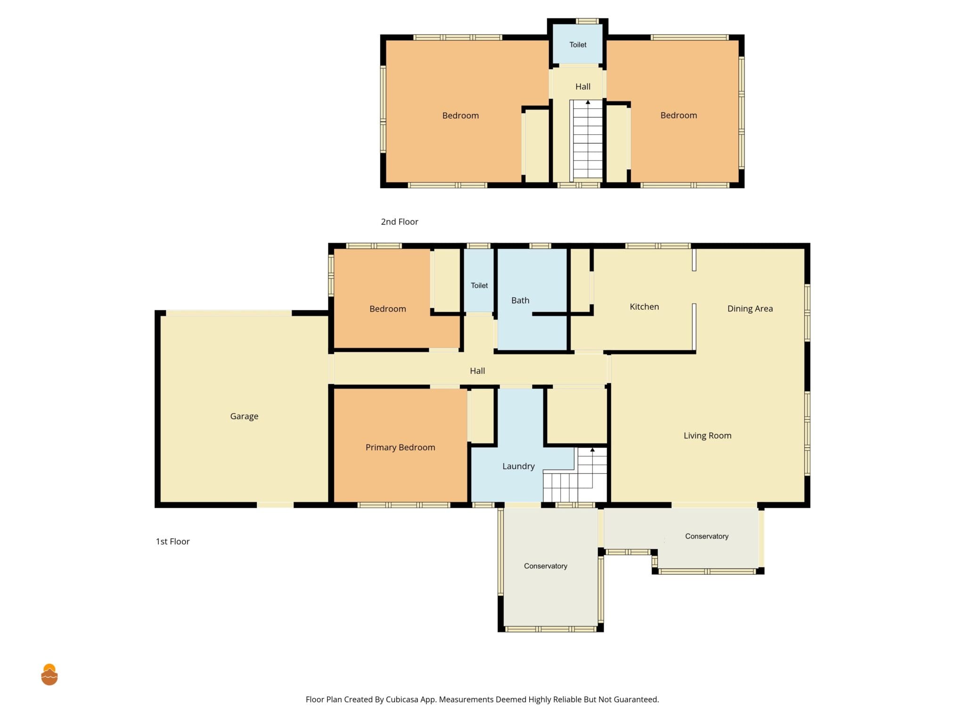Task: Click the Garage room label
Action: (244, 416)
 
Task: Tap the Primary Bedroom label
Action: (401, 447)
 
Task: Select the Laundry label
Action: (518, 466)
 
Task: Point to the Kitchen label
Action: (644, 307)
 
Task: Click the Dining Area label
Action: (750, 309)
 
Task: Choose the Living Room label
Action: (707, 436)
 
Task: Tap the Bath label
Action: (520, 300)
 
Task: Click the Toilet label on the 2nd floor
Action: (578, 45)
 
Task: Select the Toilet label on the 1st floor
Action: (479, 285)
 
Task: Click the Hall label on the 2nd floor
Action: (583, 87)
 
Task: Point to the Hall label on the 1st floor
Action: (477, 371)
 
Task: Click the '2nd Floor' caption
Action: (400, 222)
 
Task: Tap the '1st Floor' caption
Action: (172, 542)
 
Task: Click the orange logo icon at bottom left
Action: (49, 675)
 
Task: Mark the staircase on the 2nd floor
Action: (587, 140)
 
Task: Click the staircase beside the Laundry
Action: (575, 475)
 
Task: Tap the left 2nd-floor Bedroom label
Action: (460, 115)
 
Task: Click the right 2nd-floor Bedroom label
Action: (679, 115)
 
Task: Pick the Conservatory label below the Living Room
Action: (707, 536)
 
